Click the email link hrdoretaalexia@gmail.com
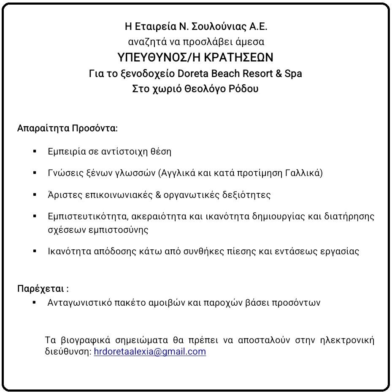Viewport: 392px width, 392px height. pos(150,352)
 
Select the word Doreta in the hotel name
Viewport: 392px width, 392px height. pos(192,73)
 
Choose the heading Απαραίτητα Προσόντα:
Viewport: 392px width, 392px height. pos(68,128)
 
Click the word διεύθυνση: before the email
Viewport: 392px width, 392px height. pos(68,352)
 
